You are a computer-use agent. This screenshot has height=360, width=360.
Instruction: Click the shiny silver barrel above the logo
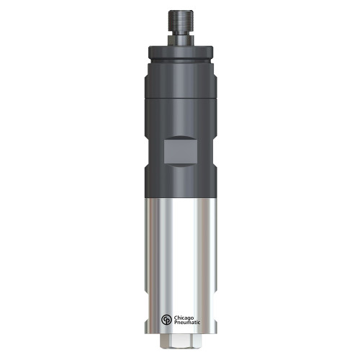(x=179, y=252)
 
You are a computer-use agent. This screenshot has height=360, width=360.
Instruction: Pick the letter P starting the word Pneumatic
(x=174, y=325)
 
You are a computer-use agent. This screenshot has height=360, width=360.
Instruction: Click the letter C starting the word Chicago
(x=174, y=317)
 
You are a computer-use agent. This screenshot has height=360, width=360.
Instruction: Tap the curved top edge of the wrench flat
(x=180, y=138)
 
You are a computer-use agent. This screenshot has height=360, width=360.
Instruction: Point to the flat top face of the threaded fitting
(x=179, y=11)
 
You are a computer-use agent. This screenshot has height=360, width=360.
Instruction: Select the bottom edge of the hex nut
(x=179, y=354)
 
